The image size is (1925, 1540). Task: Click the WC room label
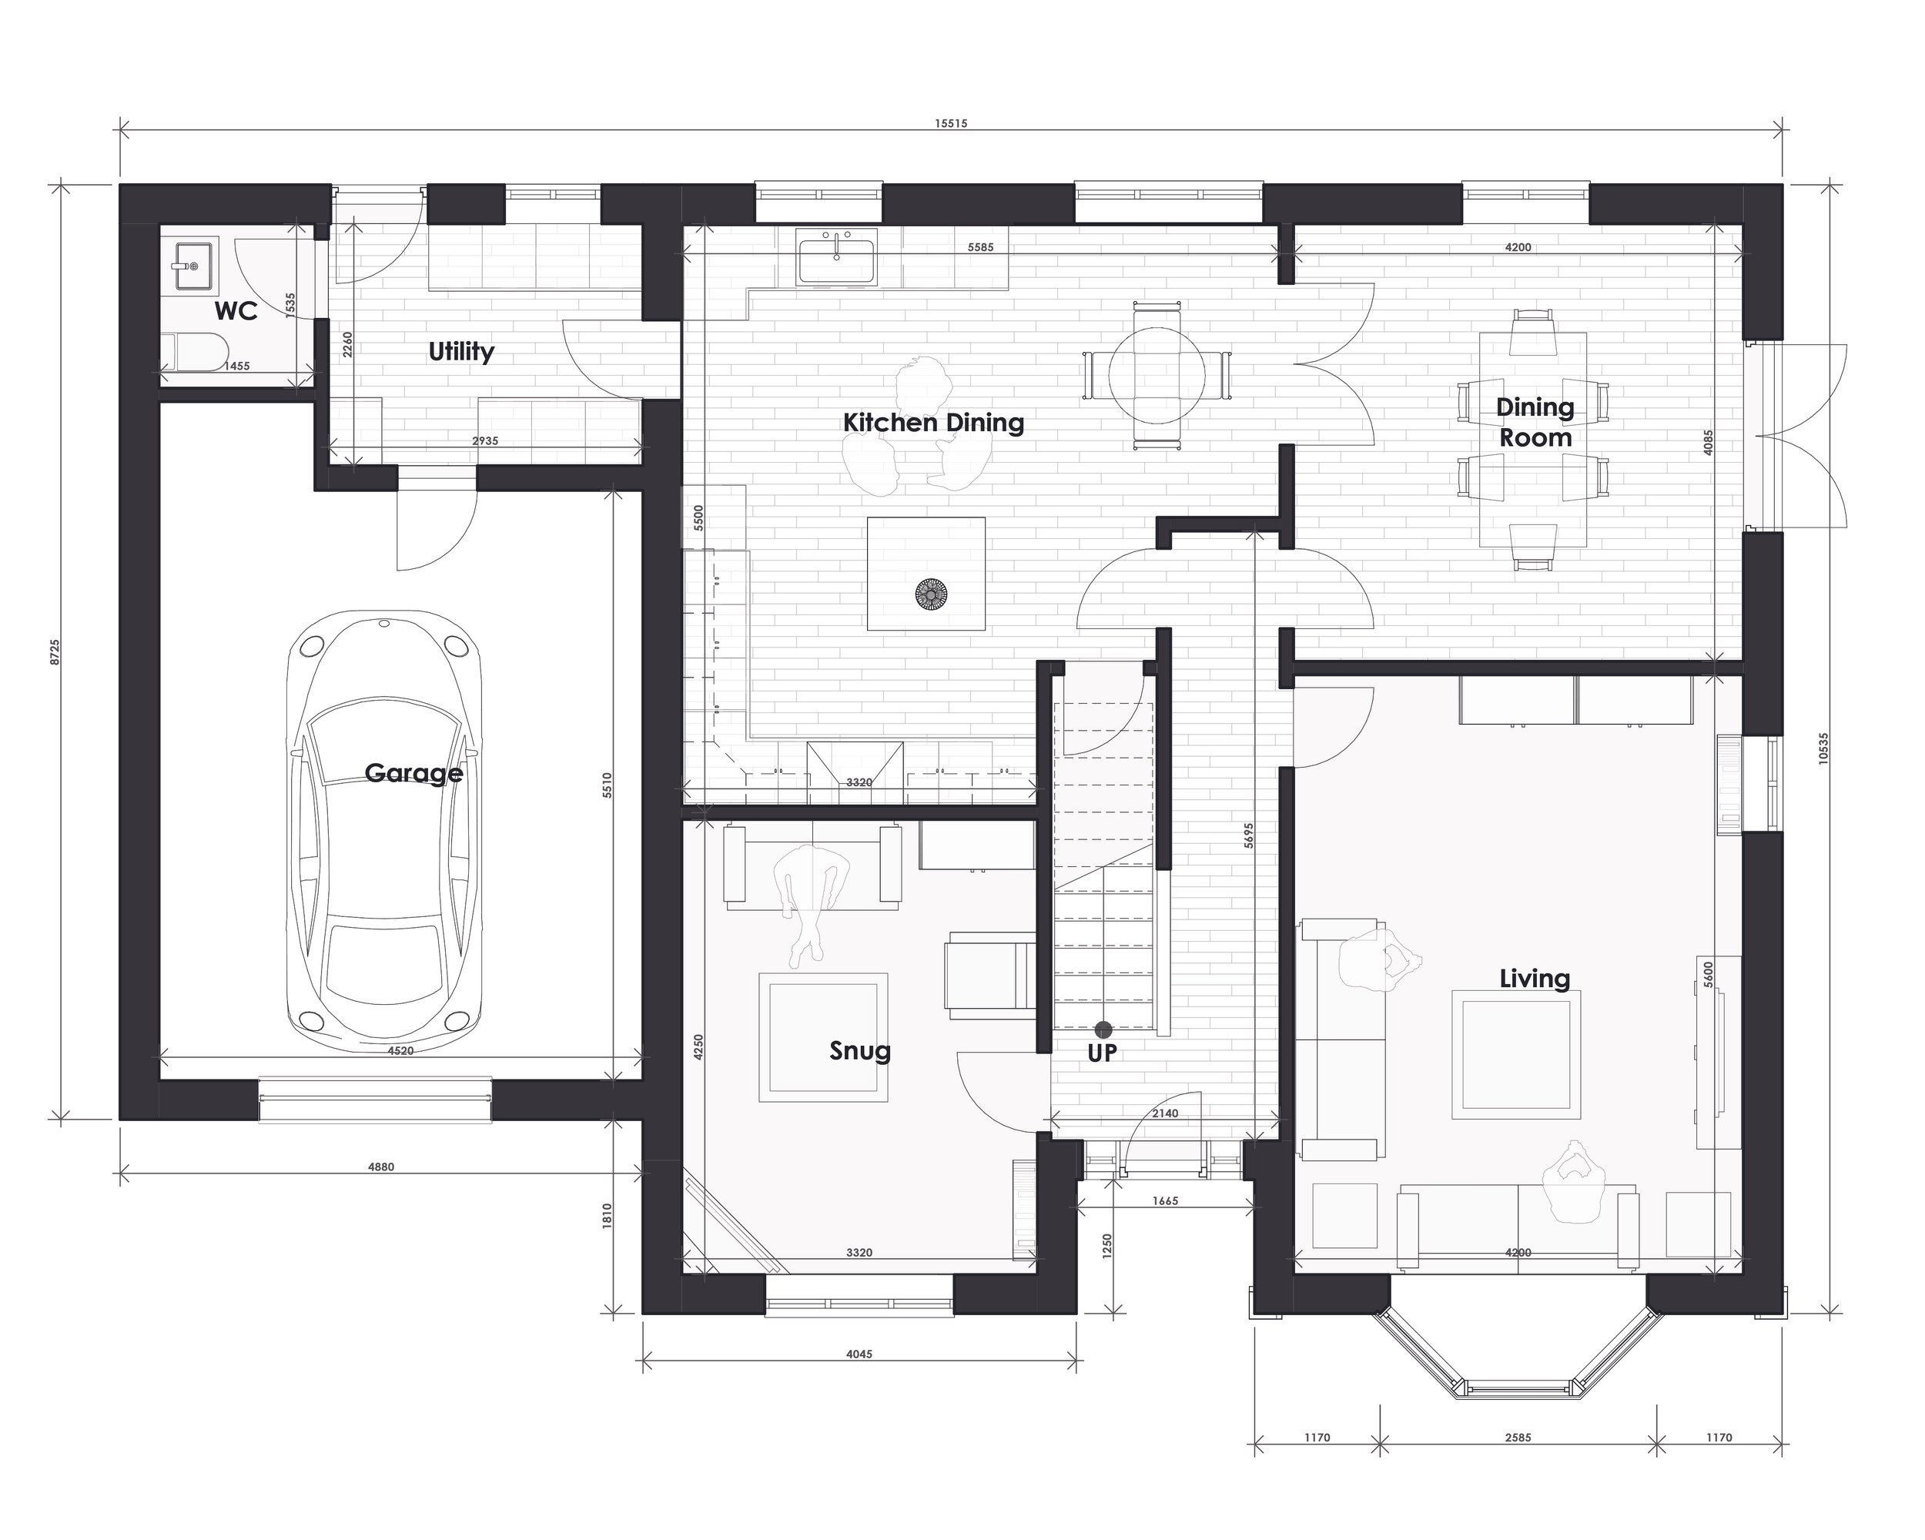pyautogui.click(x=236, y=310)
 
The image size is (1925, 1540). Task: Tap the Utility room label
pyautogui.click(x=460, y=352)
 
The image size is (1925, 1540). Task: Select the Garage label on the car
pyautogui.click(x=413, y=773)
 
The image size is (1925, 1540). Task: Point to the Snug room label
pyautogui.click(x=860, y=1051)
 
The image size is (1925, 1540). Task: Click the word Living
pyautogui.click(x=1534, y=979)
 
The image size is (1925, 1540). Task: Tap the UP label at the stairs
pyautogui.click(x=1102, y=1053)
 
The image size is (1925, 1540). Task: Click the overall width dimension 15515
pyautogui.click(x=951, y=123)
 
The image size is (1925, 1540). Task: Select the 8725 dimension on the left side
pyautogui.click(x=55, y=651)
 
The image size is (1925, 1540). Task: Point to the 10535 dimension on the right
pyautogui.click(x=1823, y=747)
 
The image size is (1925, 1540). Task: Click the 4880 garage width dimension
pyautogui.click(x=381, y=1167)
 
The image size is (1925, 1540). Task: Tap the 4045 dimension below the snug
pyautogui.click(x=859, y=1354)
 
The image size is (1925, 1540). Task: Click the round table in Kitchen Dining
pyautogui.click(x=1157, y=376)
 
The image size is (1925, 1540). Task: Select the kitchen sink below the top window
pyautogui.click(x=838, y=256)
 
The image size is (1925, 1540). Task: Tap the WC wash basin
pyautogui.click(x=194, y=265)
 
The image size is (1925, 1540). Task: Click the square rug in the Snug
pyautogui.click(x=823, y=1037)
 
